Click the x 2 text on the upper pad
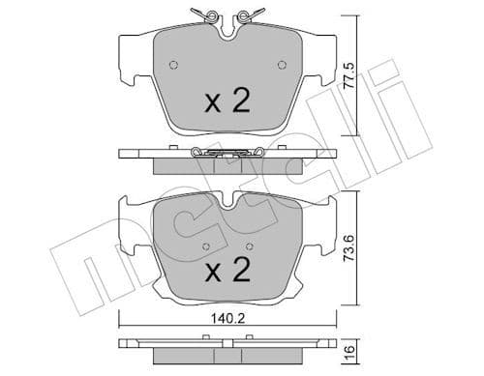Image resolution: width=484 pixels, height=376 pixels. [x=228, y=101]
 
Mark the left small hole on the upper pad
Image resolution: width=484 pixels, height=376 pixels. [x=173, y=66]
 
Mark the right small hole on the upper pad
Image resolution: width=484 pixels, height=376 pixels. [x=284, y=66]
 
